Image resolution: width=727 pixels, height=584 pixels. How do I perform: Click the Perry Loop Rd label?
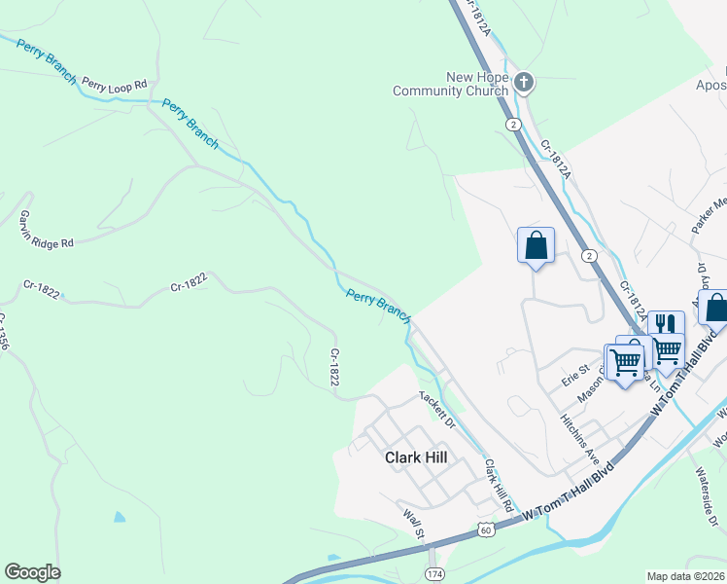click(x=114, y=85)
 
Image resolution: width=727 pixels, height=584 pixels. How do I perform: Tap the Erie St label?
click(x=577, y=371)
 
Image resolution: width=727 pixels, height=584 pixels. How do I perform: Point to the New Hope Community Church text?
click(x=450, y=85)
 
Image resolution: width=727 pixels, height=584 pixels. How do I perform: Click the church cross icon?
click(x=524, y=82)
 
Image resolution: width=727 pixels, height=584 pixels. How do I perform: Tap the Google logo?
click(x=32, y=572)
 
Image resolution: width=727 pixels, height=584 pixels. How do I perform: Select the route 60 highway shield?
click(x=486, y=529)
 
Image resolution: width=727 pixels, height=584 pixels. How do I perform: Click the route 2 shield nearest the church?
click(x=512, y=124)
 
